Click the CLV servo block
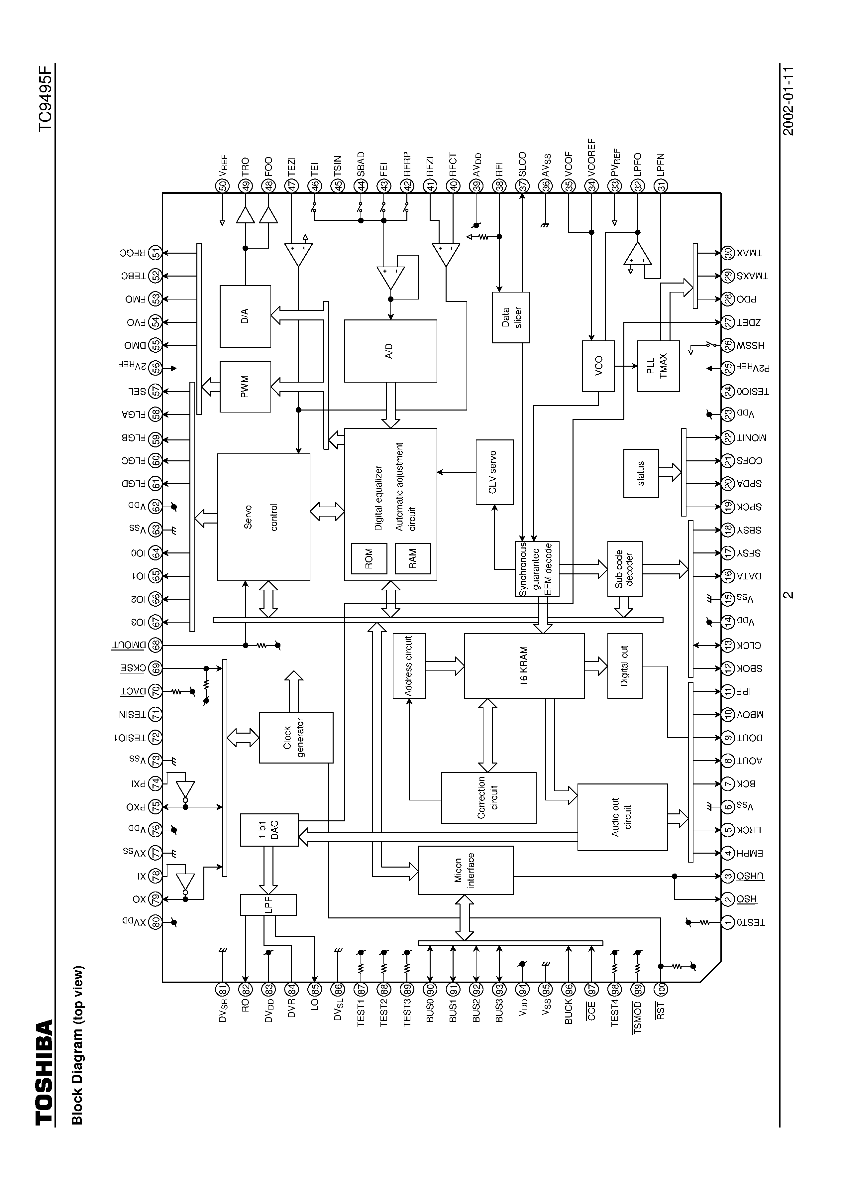tap(494, 472)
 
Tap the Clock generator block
tap(295, 737)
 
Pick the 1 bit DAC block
tap(269, 829)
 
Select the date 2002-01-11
tap(788, 101)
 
